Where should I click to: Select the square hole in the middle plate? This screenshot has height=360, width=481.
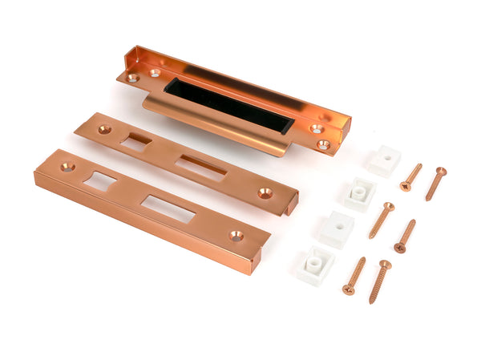pos(135,142)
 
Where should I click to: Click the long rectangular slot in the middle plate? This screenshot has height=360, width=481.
pos(201,167)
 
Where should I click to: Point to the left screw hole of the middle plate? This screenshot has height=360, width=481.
pos(104,128)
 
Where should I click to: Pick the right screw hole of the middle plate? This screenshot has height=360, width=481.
pos(265,192)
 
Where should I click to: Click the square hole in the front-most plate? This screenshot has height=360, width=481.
pos(99,181)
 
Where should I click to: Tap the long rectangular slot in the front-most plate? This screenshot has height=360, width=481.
pos(168,208)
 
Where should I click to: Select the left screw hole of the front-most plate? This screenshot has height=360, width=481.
pos(67,167)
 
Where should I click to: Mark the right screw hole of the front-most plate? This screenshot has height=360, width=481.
pos(236,236)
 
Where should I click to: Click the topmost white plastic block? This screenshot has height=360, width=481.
pos(384,160)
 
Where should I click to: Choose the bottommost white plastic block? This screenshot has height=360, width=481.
pos(315,265)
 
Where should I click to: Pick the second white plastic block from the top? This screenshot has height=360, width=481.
pos(359,193)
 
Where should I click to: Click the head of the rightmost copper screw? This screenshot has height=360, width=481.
pos(440,171)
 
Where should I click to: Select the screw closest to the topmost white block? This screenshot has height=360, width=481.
pos(411,177)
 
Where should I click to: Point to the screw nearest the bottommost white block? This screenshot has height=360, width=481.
pos(354,276)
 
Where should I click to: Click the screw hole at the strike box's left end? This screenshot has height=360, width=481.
pos(133,78)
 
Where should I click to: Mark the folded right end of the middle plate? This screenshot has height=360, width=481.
pos(290,204)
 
